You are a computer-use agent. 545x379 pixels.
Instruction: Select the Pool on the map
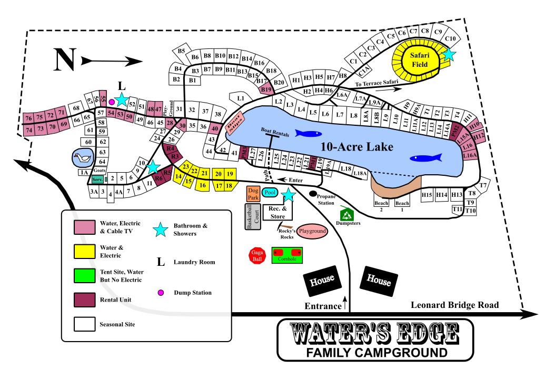[x=270, y=193]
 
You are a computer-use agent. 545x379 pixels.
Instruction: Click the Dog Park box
[x=253, y=193]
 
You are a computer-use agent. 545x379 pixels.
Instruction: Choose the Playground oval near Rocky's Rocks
[x=312, y=231]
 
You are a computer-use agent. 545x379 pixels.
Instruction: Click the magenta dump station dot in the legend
[x=161, y=293]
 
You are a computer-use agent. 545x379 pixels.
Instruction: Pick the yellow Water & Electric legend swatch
[x=84, y=252]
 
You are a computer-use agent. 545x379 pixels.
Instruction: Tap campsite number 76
[x=29, y=118]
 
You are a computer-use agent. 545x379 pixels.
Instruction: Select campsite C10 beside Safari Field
[x=450, y=38]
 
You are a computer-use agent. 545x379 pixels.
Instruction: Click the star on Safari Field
[x=449, y=54]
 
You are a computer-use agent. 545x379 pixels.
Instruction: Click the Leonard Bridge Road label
[x=454, y=305]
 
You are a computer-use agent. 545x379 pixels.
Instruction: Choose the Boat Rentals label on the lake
[x=275, y=134]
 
